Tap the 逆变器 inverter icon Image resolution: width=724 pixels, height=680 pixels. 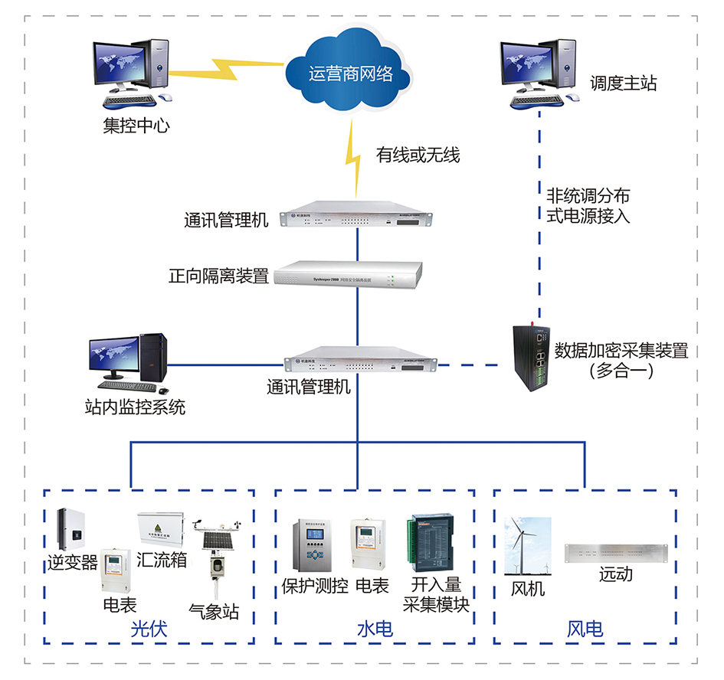(71, 529)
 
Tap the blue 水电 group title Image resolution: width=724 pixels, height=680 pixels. (375, 629)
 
